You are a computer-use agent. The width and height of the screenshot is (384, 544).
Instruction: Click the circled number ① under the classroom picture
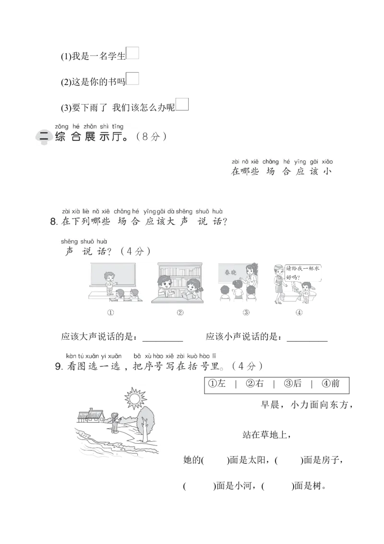(110, 312)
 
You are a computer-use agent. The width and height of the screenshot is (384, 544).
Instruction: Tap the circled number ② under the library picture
(180, 312)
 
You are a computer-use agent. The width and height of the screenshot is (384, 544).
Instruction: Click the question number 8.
(54, 222)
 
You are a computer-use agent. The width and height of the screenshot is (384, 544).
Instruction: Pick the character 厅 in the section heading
(121, 137)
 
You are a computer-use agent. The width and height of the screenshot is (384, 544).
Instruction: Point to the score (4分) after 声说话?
(135, 251)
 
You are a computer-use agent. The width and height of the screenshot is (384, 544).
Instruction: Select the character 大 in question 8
(171, 222)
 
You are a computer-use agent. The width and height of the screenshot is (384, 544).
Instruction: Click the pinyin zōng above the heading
(60, 126)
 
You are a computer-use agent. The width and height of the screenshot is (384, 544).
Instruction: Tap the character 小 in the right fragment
(327, 171)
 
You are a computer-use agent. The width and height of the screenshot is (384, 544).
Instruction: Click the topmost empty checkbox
(133, 54)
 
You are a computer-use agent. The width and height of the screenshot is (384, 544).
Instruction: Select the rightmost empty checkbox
(182, 104)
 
